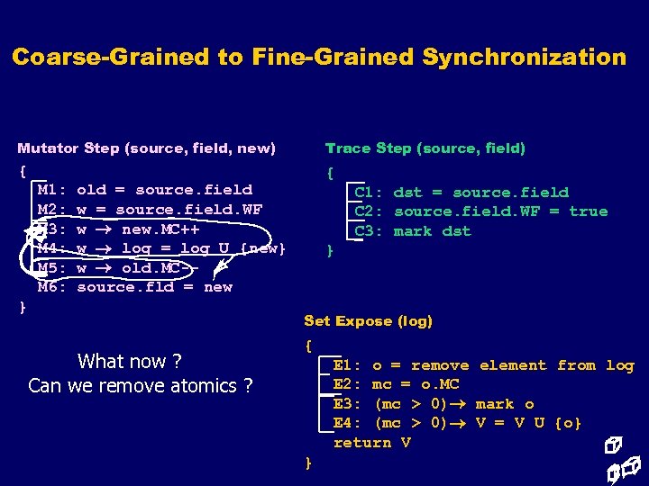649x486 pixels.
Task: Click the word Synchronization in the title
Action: click(524, 58)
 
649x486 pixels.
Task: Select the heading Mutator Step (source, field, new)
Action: click(146, 148)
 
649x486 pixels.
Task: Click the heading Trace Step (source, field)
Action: click(425, 148)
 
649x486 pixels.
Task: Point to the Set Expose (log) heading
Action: click(368, 320)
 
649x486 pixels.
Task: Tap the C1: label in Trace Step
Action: click(370, 193)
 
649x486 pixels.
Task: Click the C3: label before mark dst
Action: click(370, 231)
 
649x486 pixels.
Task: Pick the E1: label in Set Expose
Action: click(348, 365)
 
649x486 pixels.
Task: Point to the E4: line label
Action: click(348, 423)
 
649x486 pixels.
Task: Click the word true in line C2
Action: click(588, 211)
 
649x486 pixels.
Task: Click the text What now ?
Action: click(129, 362)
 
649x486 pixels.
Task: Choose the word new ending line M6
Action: click(218, 287)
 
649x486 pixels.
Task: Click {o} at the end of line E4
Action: click(567, 423)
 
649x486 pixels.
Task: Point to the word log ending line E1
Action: click(619, 365)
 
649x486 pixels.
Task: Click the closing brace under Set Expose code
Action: click(308, 463)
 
